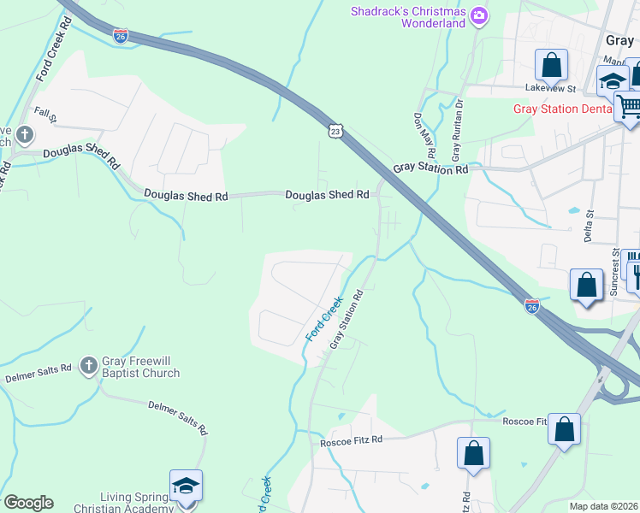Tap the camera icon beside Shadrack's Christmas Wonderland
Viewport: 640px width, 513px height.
pos(479,15)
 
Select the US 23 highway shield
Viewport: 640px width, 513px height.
pos(335,130)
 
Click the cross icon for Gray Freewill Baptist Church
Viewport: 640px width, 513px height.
pos(87,367)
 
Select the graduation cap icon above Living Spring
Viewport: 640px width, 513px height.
pos(186,486)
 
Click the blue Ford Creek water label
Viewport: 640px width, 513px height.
pos(324,319)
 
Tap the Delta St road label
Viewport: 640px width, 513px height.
pos(589,224)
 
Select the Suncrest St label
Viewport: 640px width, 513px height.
pos(614,271)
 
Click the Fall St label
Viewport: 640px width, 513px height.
pos(44,113)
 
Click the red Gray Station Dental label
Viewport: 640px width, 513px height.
pos(562,109)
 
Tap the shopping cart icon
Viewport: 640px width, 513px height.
pos(629,106)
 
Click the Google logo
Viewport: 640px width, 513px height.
pos(28,503)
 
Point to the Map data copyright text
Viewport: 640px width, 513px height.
pos(603,506)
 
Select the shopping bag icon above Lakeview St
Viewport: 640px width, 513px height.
pos(552,64)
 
